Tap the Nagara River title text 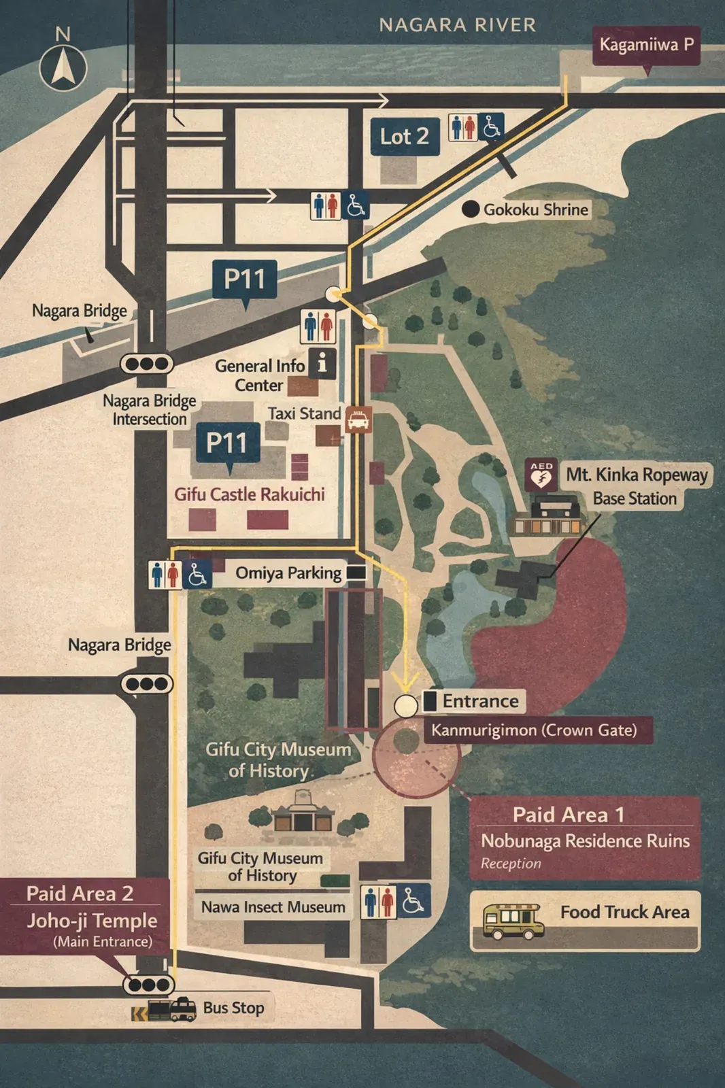point(457,25)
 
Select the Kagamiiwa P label point(646,45)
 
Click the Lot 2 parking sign point(405,137)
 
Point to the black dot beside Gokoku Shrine point(470,209)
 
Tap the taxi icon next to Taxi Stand point(358,420)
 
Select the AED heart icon point(541,474)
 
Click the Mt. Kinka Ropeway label point(637,475)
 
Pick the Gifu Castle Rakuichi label point(250,494)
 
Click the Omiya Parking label point(288,573)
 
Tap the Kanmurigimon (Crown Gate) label point(535,730)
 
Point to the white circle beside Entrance point(406,706)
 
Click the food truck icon point(511,921)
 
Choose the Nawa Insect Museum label point(273,907)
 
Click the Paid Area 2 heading point(80,894)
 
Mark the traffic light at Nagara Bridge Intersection point(147,364)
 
